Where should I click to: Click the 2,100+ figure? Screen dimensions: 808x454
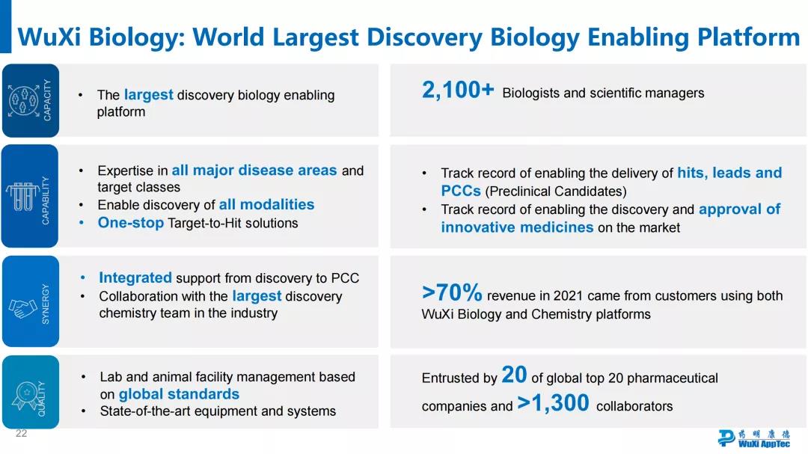coord(458,91)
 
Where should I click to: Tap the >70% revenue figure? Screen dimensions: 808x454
coord(452,292)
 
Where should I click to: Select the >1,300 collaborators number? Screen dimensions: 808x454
coord(553,402)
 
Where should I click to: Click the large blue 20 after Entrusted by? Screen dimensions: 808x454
coord(514,375)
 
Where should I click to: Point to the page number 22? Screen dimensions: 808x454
coord(21,433)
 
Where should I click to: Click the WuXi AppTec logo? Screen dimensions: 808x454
coord(754,438)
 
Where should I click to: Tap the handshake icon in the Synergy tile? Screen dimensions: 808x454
coord(22,308)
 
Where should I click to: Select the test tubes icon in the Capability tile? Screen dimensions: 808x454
coord(22,197)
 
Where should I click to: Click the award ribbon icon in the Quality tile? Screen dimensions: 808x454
coord(25,395)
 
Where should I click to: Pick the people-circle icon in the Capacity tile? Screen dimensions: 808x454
coord(23,100)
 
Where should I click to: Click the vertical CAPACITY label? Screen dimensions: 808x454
coord(47,100)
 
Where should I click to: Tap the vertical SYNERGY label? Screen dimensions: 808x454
coord(46,304)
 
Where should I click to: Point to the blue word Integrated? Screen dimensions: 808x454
coord(135,277)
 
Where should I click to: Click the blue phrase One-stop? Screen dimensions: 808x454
coord(131,223)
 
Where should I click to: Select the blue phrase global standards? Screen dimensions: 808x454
coord(180,394)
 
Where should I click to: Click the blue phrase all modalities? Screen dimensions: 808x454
coord(267,205)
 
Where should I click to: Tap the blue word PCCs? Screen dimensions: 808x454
coord(461,191)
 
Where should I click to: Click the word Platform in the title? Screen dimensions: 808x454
coord(749,37)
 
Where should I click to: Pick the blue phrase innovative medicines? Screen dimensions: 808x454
coord(518,227)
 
